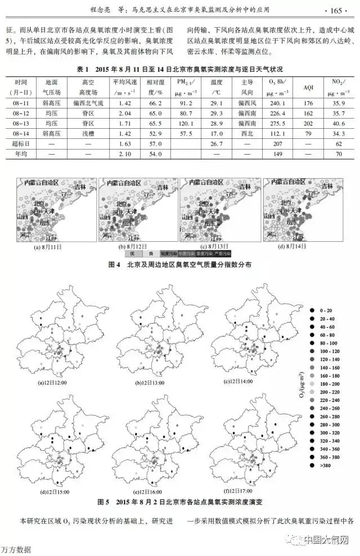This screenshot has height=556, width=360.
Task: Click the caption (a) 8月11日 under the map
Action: pyautogui.click(x=48, y=247)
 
